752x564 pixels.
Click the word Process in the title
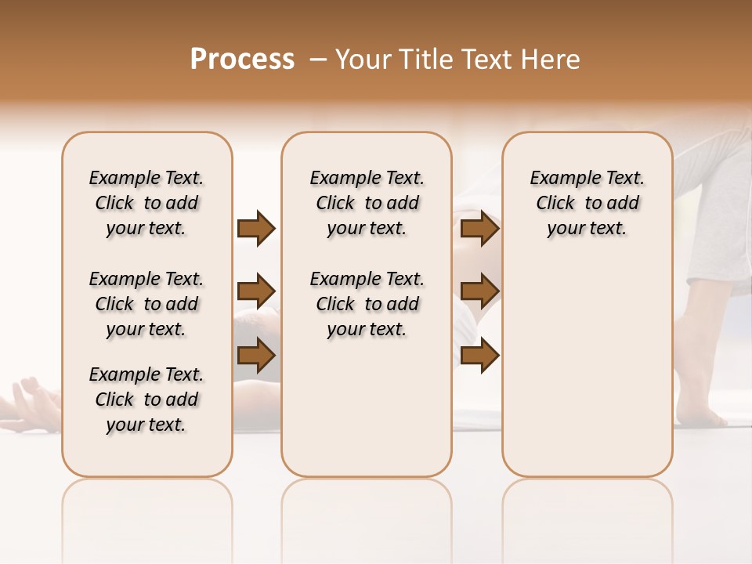point(242,60)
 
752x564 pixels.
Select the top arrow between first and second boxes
point(256,228)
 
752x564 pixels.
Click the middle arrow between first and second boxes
point(256,292)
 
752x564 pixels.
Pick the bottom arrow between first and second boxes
point(256,355)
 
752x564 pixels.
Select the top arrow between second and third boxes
point(479,228)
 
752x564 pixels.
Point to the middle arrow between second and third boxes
point(479,292)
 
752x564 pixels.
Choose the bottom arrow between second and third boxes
point(479,355)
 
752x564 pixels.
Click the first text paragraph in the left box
point(146,203)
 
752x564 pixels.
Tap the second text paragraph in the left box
point(146,304)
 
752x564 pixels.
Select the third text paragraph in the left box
point(146,399)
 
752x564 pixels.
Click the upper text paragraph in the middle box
point(367,203)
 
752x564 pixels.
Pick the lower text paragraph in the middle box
point(367,304)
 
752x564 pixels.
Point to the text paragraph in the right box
point(587,203)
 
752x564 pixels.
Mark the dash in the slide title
point(317,60)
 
